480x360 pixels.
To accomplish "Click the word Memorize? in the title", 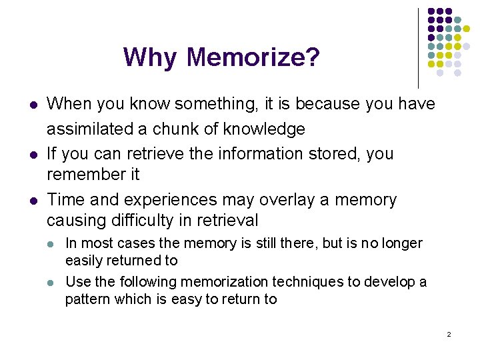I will tap(253, 57).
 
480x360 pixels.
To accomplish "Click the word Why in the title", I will tap(151, 58).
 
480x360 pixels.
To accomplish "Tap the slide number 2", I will tap(449, 333).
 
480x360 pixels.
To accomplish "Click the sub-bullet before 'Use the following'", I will tap(52, 283).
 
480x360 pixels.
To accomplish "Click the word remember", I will tap(84, 175).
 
